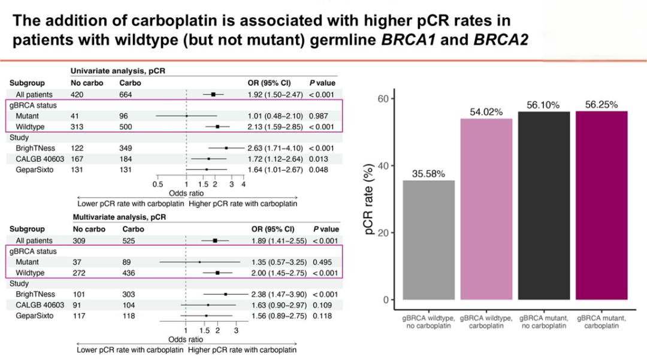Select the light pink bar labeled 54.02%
click(x=486, y=209)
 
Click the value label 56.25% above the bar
click(x=601, y=104)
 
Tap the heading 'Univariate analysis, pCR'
click(x=118, y=71)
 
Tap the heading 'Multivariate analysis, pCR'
click(x=120, y=217)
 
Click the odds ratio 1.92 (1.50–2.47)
click(x=276, y=95)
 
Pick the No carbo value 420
click(x=79, y=95)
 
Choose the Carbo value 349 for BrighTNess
click(x=126, y=148)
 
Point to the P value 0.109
click(x=323, y=304)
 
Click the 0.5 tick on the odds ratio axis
click(x=158, y=185)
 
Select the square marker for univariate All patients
click(x=213, y=95)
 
